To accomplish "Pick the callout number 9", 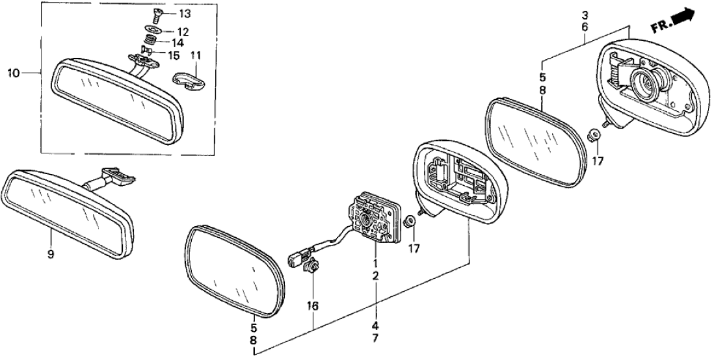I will tap(51, 254).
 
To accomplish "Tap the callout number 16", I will tap(314, 304).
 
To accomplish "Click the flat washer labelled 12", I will tap(154, 30).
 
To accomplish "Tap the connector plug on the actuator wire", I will tap(296, 259).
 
